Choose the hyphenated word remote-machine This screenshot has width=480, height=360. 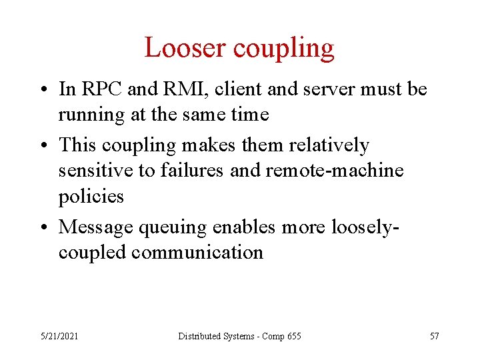point(335,171)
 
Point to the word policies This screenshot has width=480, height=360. point(91,196)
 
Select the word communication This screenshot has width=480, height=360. point(197,252)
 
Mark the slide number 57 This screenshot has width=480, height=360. point(434,336)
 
